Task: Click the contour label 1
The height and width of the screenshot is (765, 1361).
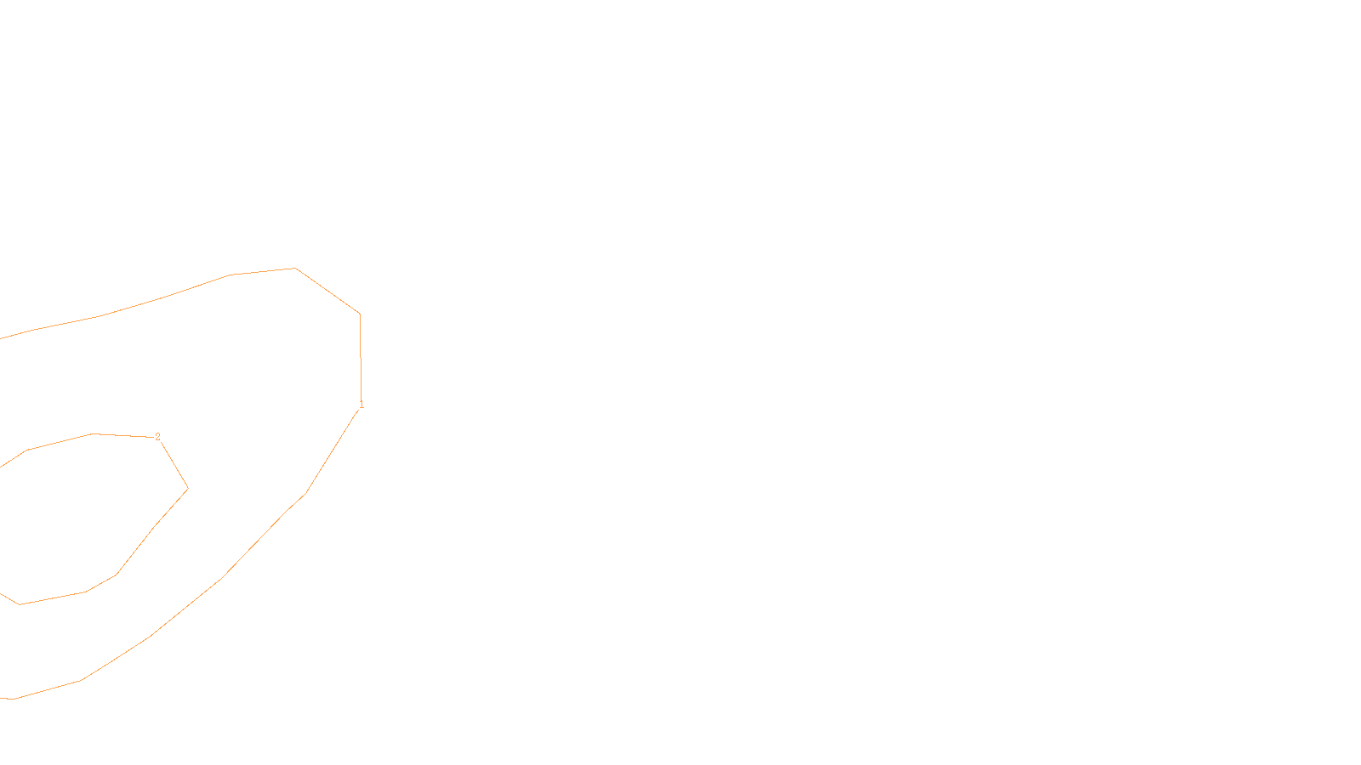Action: (x=362, y=405)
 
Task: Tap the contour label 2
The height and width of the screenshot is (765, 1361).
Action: (x=157, y=436)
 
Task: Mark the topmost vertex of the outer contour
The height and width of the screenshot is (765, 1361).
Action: (x=295, y=268)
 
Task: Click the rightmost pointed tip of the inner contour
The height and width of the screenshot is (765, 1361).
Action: (x=187, y=489)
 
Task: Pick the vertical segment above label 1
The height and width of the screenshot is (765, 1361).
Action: (x=361, y=357)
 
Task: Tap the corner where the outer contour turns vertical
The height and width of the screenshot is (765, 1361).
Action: (x=360, y=314)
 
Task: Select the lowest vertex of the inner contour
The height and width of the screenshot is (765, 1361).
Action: (x=20, y=604)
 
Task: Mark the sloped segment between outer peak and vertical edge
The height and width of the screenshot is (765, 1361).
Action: (x=327, y=291)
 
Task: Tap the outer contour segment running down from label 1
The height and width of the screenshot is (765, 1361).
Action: (x=333, y=450)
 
